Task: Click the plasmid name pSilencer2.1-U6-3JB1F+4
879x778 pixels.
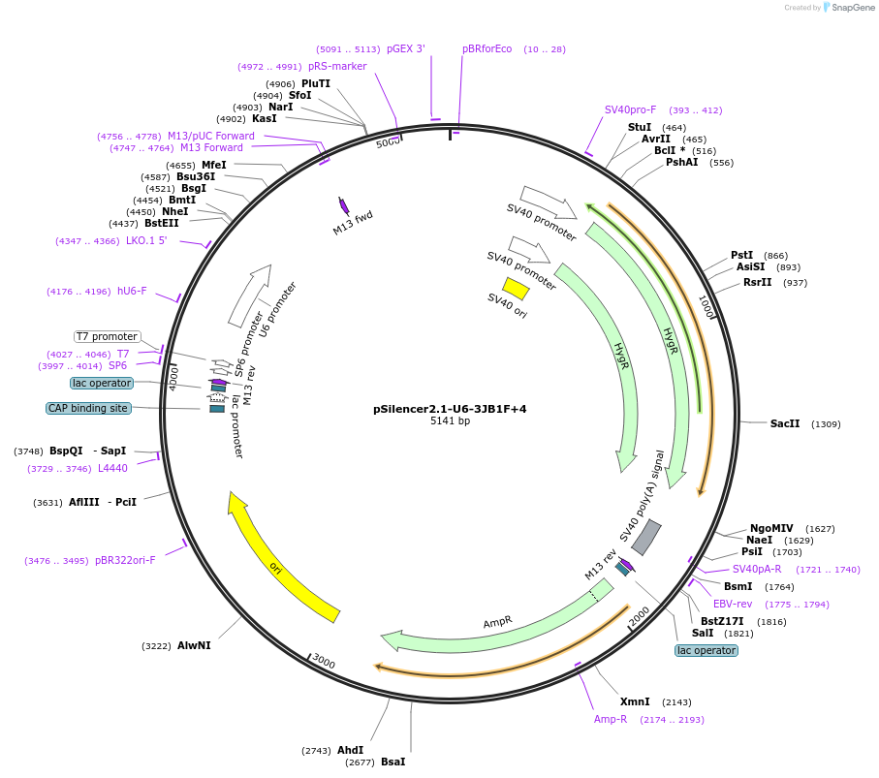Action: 450,409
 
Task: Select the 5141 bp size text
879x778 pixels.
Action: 450,421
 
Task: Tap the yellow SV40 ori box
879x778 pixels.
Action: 516,289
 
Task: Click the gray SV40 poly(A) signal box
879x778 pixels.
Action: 646,538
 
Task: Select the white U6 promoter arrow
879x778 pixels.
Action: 249,296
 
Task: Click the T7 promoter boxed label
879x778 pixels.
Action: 108,337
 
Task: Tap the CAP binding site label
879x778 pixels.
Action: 88,409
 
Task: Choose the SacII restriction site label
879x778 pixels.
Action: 785,423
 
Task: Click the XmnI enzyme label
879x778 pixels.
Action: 635,701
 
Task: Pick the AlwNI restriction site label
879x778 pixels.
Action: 194,645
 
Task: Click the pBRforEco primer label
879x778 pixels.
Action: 487,48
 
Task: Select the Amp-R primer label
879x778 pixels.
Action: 611,719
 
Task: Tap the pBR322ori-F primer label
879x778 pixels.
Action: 125,560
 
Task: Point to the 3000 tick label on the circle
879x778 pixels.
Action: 324,663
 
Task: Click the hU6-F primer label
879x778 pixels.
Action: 132,291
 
